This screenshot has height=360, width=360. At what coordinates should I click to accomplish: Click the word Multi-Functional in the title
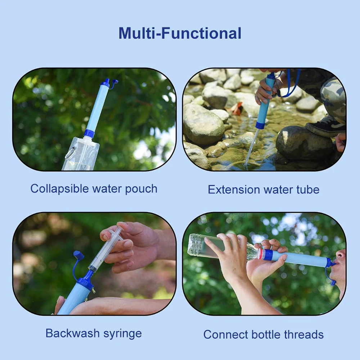180,33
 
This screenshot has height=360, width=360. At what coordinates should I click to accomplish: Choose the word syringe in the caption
122,334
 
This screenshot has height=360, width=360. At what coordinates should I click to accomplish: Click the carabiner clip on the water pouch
69,153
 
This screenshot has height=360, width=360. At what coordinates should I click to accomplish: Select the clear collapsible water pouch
81,155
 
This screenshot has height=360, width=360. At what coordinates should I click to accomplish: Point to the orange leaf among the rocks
238,108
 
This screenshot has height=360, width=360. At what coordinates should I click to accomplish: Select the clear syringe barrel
106,248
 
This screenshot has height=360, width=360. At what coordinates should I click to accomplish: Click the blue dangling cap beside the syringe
78,256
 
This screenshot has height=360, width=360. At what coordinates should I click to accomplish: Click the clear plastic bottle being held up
216,247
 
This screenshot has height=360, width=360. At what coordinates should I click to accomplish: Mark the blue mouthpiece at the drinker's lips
329,263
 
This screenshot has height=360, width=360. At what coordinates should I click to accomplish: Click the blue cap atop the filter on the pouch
106,82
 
